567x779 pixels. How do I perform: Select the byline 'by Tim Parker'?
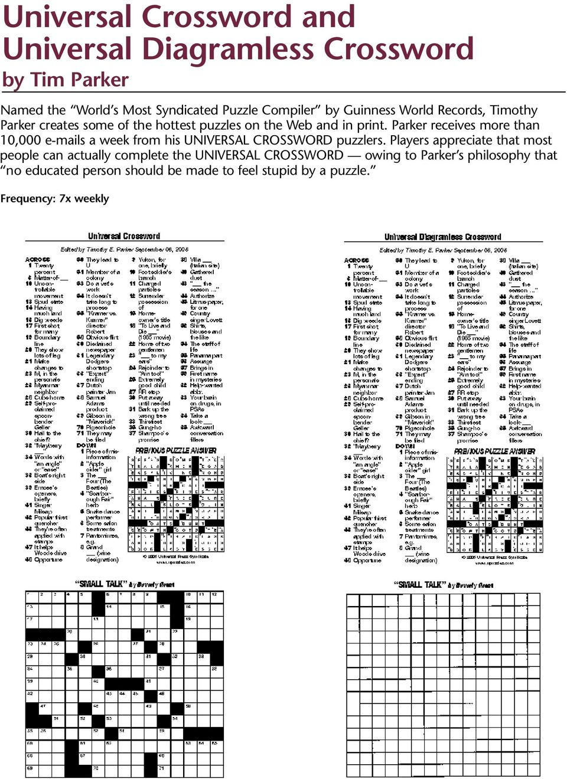pos(65,80)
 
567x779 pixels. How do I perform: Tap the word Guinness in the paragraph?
pos(369,110)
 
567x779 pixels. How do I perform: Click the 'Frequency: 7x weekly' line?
pos(54,199)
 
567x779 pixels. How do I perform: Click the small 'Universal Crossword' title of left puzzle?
pos(124,236)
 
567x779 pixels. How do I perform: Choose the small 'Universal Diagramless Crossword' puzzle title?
pos(442,237)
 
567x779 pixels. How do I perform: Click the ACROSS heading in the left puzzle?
pos(38,260)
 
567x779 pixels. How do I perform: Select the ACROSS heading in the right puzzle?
pos(356,260)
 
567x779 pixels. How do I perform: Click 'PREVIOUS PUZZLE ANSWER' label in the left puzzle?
pos(176,450)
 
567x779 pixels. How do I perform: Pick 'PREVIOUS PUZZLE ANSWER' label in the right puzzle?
pos(495,451)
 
